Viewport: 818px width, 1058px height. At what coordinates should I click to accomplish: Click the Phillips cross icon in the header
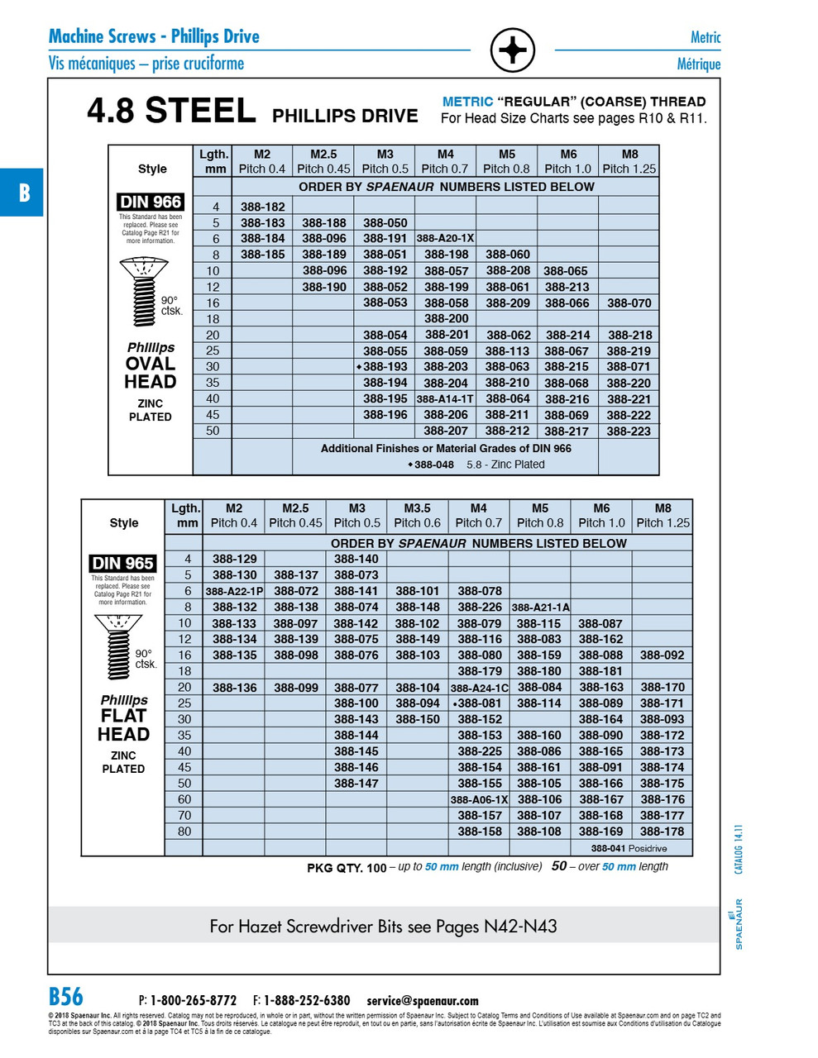[513, 50]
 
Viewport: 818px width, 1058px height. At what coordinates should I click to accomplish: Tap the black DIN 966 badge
[151, 203]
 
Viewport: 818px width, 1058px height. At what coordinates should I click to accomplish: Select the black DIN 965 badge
[122, 564]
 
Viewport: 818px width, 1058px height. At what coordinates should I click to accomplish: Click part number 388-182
[262, 207]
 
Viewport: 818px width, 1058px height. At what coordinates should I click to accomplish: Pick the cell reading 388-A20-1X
[445, 239]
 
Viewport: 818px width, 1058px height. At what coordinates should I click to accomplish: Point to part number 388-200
[446, 319]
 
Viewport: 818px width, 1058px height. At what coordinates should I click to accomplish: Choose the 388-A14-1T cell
[445, 399]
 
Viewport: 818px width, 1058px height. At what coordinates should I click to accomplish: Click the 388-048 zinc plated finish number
[434, 465]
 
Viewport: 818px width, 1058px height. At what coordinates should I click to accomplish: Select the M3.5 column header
[417, 516]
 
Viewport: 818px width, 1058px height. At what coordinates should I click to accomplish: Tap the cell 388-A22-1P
[234, 592]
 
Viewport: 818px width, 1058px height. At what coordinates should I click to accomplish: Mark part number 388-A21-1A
[540, 608]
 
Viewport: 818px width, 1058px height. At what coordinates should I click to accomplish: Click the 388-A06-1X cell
[479, 800]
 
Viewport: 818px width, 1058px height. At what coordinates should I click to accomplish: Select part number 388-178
[662, 832]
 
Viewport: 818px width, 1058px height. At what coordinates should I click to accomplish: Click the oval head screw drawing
[144, 291]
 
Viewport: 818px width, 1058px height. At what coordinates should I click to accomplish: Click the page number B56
[66, 996]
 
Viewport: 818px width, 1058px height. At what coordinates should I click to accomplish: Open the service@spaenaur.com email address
[423, 1001]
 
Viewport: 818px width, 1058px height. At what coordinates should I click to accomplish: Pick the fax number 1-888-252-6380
[307, 1001]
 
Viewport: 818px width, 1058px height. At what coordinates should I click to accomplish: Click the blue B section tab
[22, 193]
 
